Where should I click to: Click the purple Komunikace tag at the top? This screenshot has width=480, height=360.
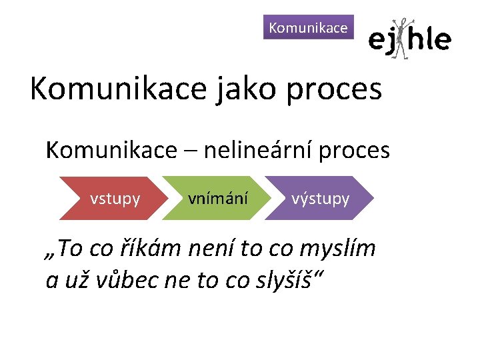[x=308, y=27]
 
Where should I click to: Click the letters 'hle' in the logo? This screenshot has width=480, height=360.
[x=429, y=40]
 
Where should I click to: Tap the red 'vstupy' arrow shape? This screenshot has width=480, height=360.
[x=114, y=198]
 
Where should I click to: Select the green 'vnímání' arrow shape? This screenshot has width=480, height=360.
[x=218, y=198]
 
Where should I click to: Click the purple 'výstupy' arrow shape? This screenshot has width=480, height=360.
[x=320, y=198]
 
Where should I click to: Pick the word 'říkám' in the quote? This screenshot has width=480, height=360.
[x=152, y=249]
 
